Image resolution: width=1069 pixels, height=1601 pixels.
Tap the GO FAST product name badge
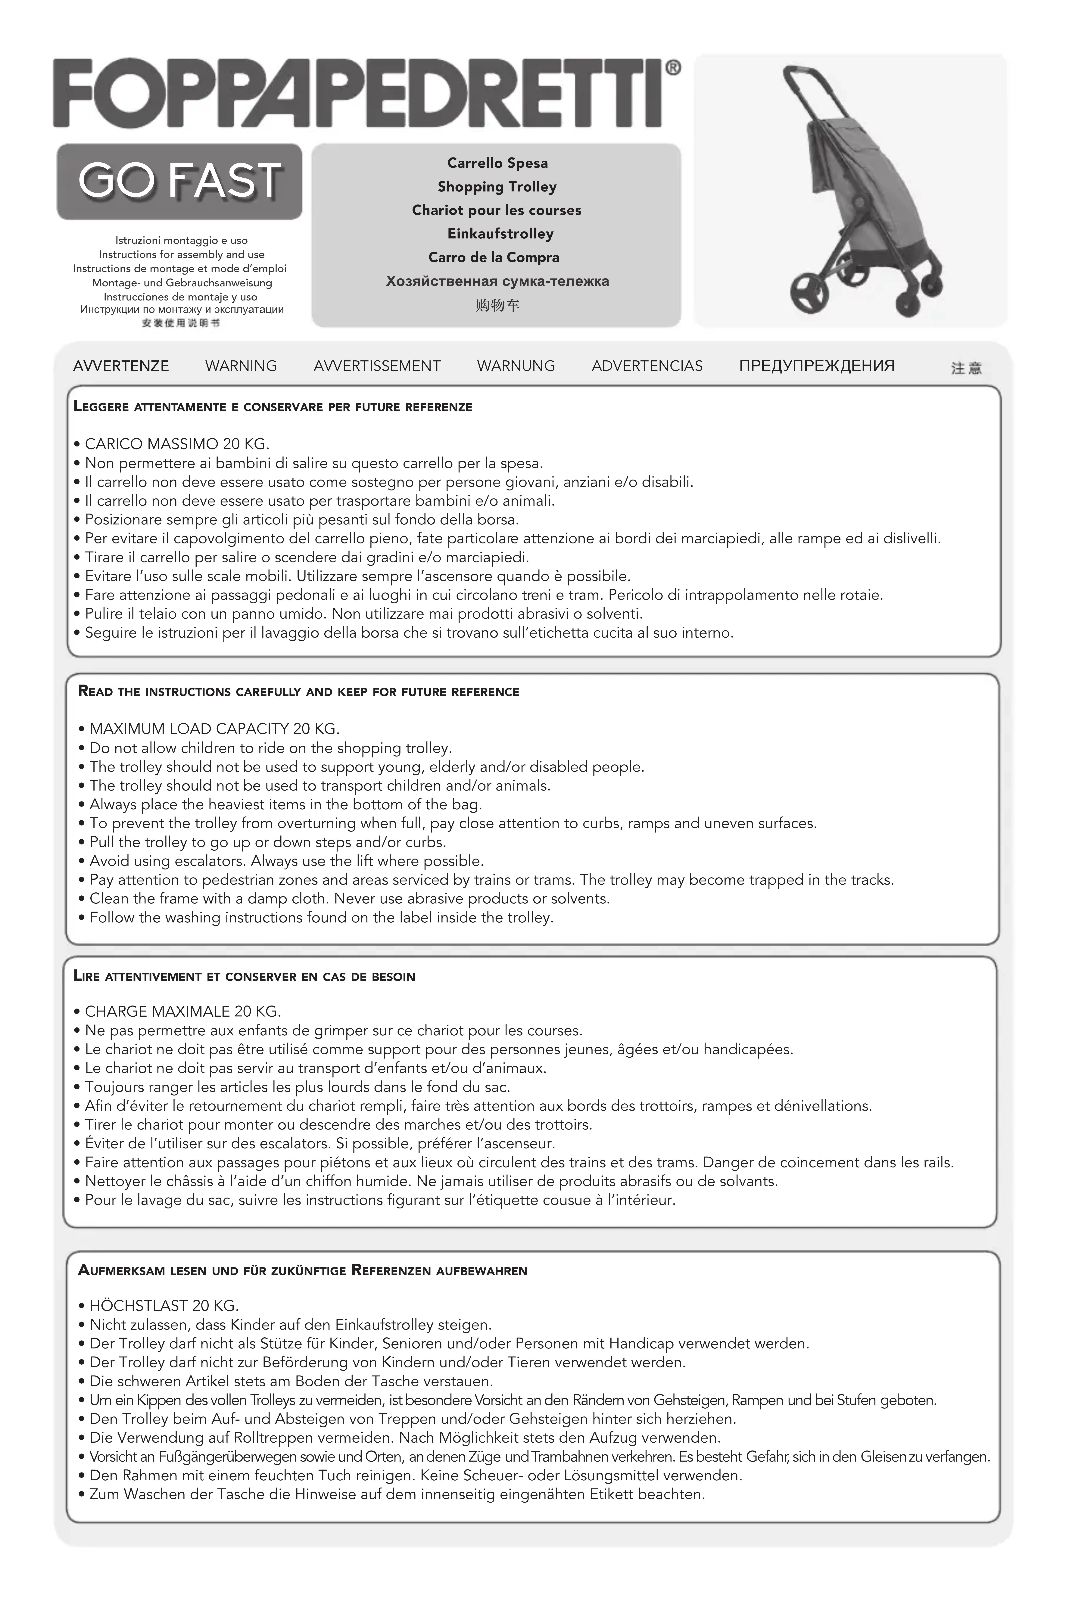tap(179, 181)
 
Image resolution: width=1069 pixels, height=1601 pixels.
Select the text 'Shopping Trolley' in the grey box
tap(497, 187)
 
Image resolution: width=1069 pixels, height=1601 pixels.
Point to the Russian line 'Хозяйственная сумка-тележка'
tap(497, 281)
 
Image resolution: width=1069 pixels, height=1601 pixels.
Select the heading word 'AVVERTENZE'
tap(121, 366)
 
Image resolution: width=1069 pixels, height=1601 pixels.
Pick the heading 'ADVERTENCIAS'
tap(647, 366)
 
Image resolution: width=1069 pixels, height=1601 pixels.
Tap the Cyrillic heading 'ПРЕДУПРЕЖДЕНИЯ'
tap(817, 366)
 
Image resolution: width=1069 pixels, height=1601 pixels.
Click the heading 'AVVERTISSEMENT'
tap(377, 366)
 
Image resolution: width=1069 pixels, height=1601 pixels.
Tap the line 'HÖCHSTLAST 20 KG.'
tap(164, 1306)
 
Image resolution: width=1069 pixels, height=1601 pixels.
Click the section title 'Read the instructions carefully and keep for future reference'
tap(299, 692)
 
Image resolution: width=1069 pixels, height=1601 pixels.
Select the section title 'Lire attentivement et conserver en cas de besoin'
tap(244, 976)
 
